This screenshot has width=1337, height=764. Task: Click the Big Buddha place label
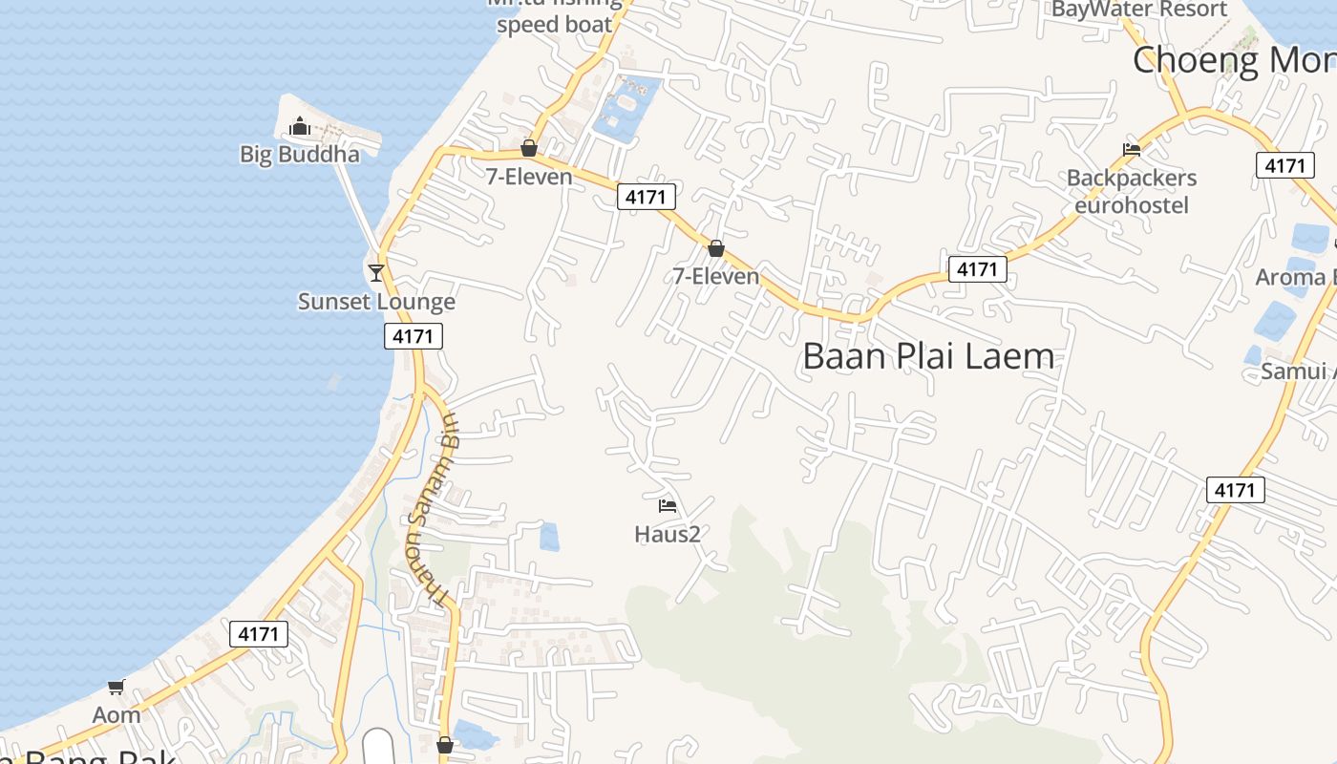click(300, 155)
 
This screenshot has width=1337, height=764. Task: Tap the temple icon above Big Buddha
click(300, 126)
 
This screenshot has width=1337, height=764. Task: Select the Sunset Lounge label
click(376, 302)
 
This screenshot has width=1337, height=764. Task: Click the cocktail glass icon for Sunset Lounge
click(376, 273)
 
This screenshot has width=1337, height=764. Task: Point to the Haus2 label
click(668, 534)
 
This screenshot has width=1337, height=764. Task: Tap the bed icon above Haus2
click(668, 505)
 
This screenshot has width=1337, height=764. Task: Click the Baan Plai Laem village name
click(928, 356)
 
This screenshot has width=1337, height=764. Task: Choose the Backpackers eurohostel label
click(1132, 191)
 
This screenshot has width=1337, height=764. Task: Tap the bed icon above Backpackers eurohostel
click(1132, 149)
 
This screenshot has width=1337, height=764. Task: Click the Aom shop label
click(117, 714)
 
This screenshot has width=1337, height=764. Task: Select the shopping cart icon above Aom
click(117, 687)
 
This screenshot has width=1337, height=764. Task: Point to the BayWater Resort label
click(1139, 10)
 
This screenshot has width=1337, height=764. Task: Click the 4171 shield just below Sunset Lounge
click(414, 336)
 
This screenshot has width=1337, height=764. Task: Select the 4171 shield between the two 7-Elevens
click(647, 198)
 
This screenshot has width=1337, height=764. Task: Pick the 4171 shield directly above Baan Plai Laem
click(977, 269)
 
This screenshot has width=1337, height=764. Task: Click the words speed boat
click(554, 25)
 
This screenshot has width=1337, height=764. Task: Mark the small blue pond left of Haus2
click(549, 537)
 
